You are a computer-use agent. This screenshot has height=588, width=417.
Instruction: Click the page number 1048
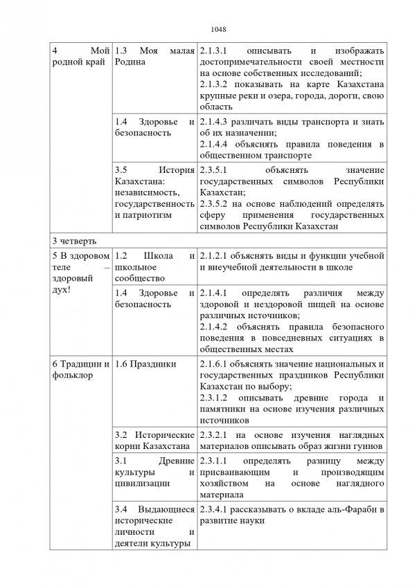click(208, 29)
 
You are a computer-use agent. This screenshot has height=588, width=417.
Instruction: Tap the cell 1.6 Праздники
click(145, 365)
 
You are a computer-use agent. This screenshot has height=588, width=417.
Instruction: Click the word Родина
click(132, 62)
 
